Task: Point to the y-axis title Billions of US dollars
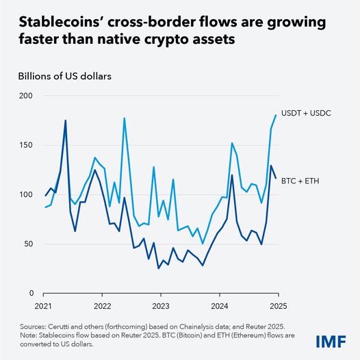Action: coord(65,75)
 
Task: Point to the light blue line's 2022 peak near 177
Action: coord(124,118)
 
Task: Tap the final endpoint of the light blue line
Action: coord(276,115)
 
